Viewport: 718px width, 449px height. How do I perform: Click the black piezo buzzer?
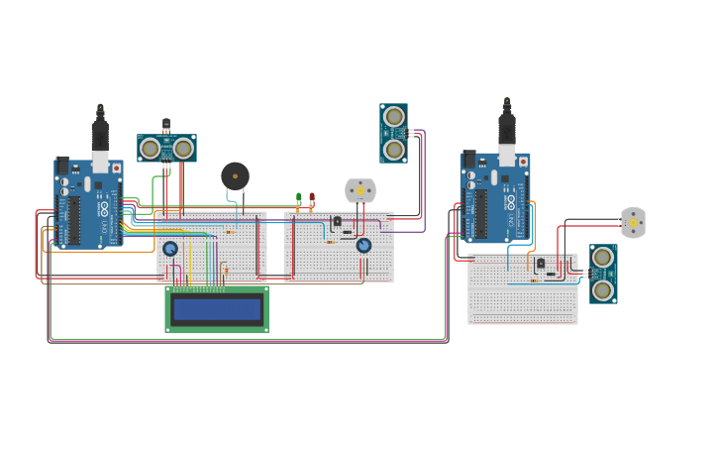tap(235, 176)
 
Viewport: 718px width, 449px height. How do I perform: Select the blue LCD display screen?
tap(217, 309)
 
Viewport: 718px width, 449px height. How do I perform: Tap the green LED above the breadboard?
tap(298, 196)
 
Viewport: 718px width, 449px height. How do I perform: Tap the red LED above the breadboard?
tap(311, 196)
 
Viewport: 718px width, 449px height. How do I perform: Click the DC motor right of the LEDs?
tap(360, 189)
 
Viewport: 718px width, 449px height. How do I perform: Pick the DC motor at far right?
tap(633, 222)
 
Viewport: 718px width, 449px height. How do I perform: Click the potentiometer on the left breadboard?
tap(170, 249)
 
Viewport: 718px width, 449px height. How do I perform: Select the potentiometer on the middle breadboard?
tap(363, 245)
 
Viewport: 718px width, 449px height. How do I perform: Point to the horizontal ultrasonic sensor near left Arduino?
tap(166, 149)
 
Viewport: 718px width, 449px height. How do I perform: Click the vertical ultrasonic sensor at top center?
tap(394, 133)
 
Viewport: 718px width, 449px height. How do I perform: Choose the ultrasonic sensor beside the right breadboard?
tap(603, 274)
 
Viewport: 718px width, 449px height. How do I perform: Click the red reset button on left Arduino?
tap(116, 168)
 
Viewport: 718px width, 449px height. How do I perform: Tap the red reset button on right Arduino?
tap(522, 161)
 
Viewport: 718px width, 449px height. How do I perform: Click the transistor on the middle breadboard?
tap(337, 222)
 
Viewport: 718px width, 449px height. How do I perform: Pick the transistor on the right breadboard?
tap(540, 264)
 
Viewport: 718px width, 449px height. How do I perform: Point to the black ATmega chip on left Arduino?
tap(74, 220)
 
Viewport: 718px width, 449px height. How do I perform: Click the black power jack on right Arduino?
tap(468, 160)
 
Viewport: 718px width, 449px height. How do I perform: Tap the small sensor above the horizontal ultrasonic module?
tap(165, 125)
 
